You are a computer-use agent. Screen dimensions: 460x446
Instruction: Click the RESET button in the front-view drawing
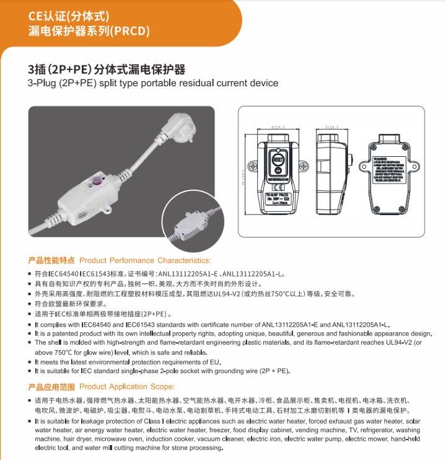[278, 159]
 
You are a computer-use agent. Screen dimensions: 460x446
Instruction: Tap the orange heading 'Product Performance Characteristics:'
[145, 260]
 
